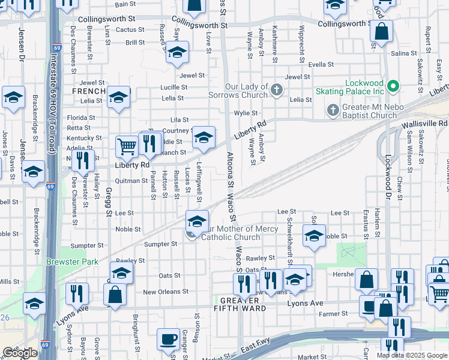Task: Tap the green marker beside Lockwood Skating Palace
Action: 394,86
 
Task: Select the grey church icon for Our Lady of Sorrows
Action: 277,91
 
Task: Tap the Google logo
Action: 20,353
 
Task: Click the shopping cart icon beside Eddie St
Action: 127,146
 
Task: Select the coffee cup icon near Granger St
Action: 167,340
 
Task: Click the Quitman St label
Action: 131,180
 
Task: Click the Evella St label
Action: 321,64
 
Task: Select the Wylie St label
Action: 246,113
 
